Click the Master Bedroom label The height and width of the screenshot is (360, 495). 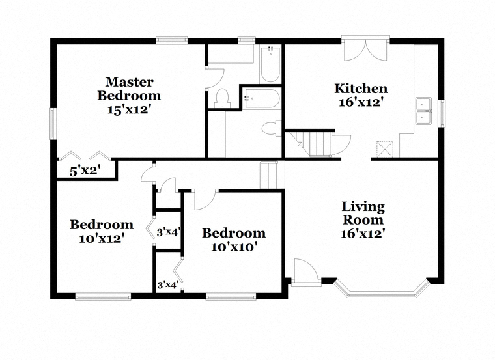[x=129, y=89]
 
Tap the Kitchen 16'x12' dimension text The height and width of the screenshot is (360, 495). [x=361, y=102]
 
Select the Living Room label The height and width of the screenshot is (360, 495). [x=363, y=213]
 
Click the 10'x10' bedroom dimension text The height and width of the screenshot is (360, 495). [x=233, y=247]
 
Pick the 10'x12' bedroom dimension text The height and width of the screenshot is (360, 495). [x=100, y=238]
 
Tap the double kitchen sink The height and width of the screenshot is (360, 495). [x=423, y=111]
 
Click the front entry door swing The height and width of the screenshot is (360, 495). [x=305, y=271]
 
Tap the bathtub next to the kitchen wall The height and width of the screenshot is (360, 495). [x=270, y=64]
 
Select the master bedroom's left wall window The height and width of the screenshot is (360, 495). [x=53, y=124]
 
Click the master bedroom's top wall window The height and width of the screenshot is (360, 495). [x=172, y=40]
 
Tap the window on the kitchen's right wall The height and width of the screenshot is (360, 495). [x=442, y=113]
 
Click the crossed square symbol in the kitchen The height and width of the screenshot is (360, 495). [x=385, y=149]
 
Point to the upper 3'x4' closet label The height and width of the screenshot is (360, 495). [x=168, y=232]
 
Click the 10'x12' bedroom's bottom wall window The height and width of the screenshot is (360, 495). [x=103, y=297]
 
